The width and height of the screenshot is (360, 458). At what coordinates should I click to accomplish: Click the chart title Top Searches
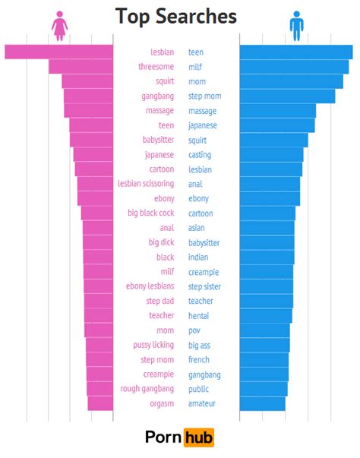175,17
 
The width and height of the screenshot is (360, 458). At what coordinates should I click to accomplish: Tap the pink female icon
59,25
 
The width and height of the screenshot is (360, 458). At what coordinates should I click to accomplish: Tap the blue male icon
296,25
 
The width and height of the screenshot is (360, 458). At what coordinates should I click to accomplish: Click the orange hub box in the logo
199,437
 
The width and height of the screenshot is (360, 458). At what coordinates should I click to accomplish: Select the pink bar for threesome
81,67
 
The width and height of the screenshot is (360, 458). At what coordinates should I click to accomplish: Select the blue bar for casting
271,155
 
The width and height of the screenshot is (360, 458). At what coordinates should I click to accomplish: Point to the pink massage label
159,111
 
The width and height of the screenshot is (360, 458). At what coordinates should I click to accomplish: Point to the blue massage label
202,111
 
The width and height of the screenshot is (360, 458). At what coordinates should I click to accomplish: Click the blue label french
199,360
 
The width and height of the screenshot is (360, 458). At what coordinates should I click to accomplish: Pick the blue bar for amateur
262,404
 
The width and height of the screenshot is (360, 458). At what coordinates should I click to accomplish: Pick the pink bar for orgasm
100,404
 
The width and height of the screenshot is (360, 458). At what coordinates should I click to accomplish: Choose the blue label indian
198,257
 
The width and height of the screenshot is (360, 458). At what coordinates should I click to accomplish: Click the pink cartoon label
161,169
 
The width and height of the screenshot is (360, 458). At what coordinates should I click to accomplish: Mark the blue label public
199,389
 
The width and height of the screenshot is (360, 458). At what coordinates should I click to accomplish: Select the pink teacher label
161,316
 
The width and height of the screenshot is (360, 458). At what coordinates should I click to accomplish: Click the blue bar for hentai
266,316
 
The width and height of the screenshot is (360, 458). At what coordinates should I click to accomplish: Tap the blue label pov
195,330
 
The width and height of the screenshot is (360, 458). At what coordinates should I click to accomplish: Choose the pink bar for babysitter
91,141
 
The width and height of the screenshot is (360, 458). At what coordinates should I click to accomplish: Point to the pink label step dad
159,302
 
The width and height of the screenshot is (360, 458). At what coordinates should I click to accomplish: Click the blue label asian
197,228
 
